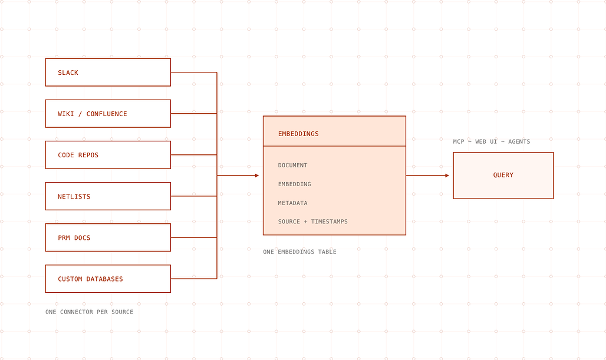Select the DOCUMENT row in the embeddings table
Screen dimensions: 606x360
(x=292, y=166)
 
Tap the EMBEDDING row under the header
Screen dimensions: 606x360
(x=295, y=184)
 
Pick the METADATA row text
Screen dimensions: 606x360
(x=292, y=203)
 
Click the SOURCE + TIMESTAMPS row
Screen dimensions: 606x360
(x=312, y=222)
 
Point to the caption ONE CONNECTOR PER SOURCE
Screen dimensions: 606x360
(x=89, y=312)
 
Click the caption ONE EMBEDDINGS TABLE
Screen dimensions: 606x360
(x=299, y=252)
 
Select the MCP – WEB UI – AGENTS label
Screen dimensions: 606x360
(x=491, y=142)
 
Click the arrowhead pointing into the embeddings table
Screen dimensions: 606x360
(x=257, y=176)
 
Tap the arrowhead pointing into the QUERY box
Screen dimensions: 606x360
(x=447, y=176)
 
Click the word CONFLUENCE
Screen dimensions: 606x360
(x=107, y=114)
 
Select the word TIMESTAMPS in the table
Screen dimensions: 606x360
(x=330, y=222)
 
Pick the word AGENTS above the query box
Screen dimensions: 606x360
(x=519, y=142)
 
